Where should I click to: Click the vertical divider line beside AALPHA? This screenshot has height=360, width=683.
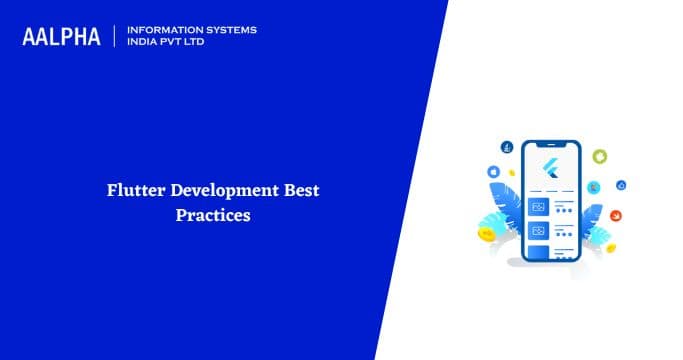115,36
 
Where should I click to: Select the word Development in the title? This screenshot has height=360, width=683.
219,190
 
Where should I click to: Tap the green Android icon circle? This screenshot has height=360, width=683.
599,156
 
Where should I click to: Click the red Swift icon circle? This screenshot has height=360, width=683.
618,215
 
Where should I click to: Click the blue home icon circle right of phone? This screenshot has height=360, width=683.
621,185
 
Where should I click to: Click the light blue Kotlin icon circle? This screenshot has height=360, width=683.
594,187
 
